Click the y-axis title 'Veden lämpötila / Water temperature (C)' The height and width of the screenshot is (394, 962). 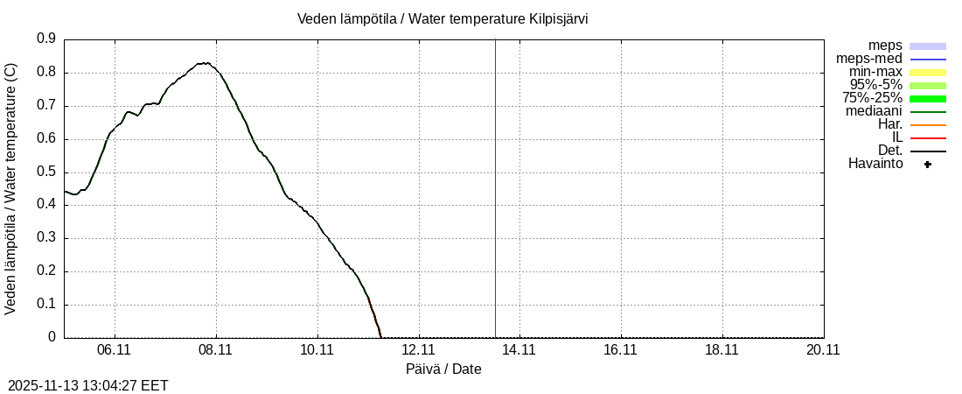pos(10,188)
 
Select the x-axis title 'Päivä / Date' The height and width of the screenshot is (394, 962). pos(443,369)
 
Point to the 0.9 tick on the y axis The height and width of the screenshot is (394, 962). pos(46,39)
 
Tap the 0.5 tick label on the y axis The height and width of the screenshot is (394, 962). pos(46,172)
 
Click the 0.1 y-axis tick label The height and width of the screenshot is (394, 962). pos(46,305)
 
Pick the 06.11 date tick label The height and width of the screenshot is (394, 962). pos(115,349)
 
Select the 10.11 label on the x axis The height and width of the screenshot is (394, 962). pos(317,349)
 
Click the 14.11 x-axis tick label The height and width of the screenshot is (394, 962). pos(519,349)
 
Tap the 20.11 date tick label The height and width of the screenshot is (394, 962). pos(823,349)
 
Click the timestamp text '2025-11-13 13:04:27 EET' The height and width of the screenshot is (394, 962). pos(88,385)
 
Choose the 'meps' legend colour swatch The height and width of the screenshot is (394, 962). pos(928,46)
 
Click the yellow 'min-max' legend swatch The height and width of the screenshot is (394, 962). pos(928,72)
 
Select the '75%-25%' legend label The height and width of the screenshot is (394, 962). pos(872,98)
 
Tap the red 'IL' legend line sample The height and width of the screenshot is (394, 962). pos(928,137)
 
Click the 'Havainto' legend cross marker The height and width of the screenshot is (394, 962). pos(928,164)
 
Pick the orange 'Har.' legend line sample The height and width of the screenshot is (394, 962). pos(928,124)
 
